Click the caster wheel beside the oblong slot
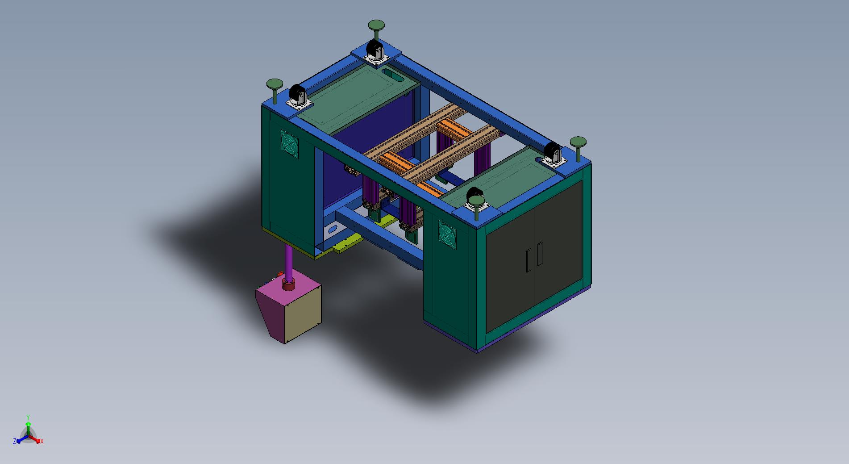point(373,49)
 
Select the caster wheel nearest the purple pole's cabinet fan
point(296,95)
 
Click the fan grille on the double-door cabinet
point(447,233)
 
